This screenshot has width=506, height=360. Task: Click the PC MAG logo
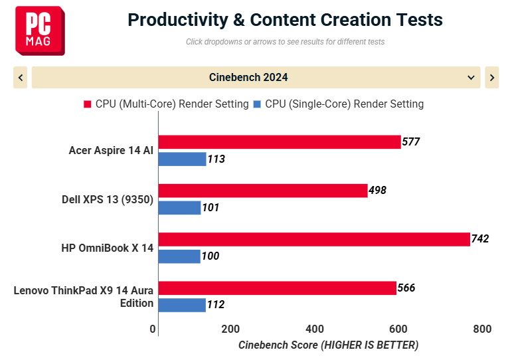pos(40,31)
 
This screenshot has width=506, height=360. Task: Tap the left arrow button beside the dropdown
pos(21,78)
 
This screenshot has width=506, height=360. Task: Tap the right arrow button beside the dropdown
pos(492,78)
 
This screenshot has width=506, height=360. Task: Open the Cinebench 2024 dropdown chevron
pos(471,78)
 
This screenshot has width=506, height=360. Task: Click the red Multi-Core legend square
pos(88,104)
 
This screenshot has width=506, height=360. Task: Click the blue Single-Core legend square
pos(257,104)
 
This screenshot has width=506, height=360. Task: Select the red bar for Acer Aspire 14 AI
pos(280,142)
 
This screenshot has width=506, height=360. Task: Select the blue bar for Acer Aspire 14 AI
pos(183,159)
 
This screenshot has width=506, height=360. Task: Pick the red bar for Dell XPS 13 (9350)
pos(263,191)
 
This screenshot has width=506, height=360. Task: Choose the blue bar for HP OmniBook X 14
pos(179,256)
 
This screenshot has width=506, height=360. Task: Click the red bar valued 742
pos(314,239)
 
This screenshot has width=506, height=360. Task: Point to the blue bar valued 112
pos(182,305)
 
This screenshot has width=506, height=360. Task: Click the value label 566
pos(406,288)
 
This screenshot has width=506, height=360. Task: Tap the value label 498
pos(378,190)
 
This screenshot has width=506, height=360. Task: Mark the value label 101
pos(211,207)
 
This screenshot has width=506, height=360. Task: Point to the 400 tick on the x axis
pos(315,329)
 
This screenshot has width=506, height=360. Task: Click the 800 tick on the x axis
pos(483,329)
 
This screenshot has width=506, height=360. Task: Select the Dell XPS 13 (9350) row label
pos(108,199)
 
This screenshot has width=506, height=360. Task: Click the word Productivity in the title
pos(178,20)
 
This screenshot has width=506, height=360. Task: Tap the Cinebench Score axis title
pos(328,345)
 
